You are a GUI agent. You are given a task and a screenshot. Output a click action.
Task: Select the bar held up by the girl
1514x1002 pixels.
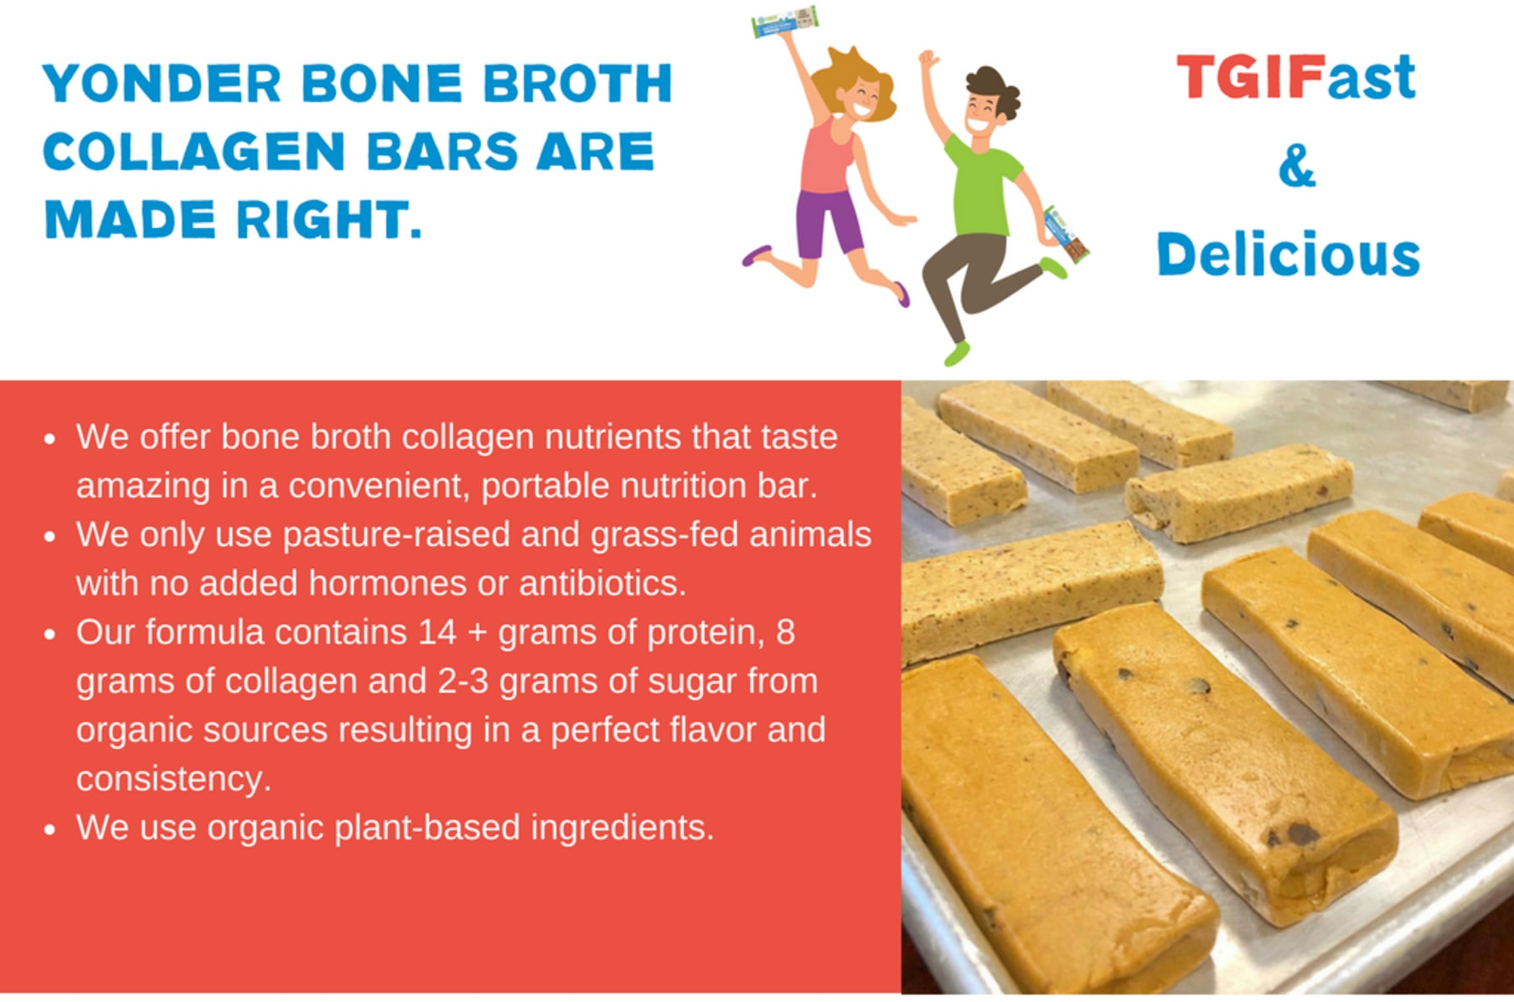[x=785, y=22]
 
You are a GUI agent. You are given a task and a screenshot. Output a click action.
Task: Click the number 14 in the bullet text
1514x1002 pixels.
[x=437, y=633]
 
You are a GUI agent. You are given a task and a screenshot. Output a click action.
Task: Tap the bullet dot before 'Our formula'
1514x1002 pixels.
[x=50, y=634]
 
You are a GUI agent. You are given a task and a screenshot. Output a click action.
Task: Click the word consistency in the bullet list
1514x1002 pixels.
[x=173, y=779]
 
